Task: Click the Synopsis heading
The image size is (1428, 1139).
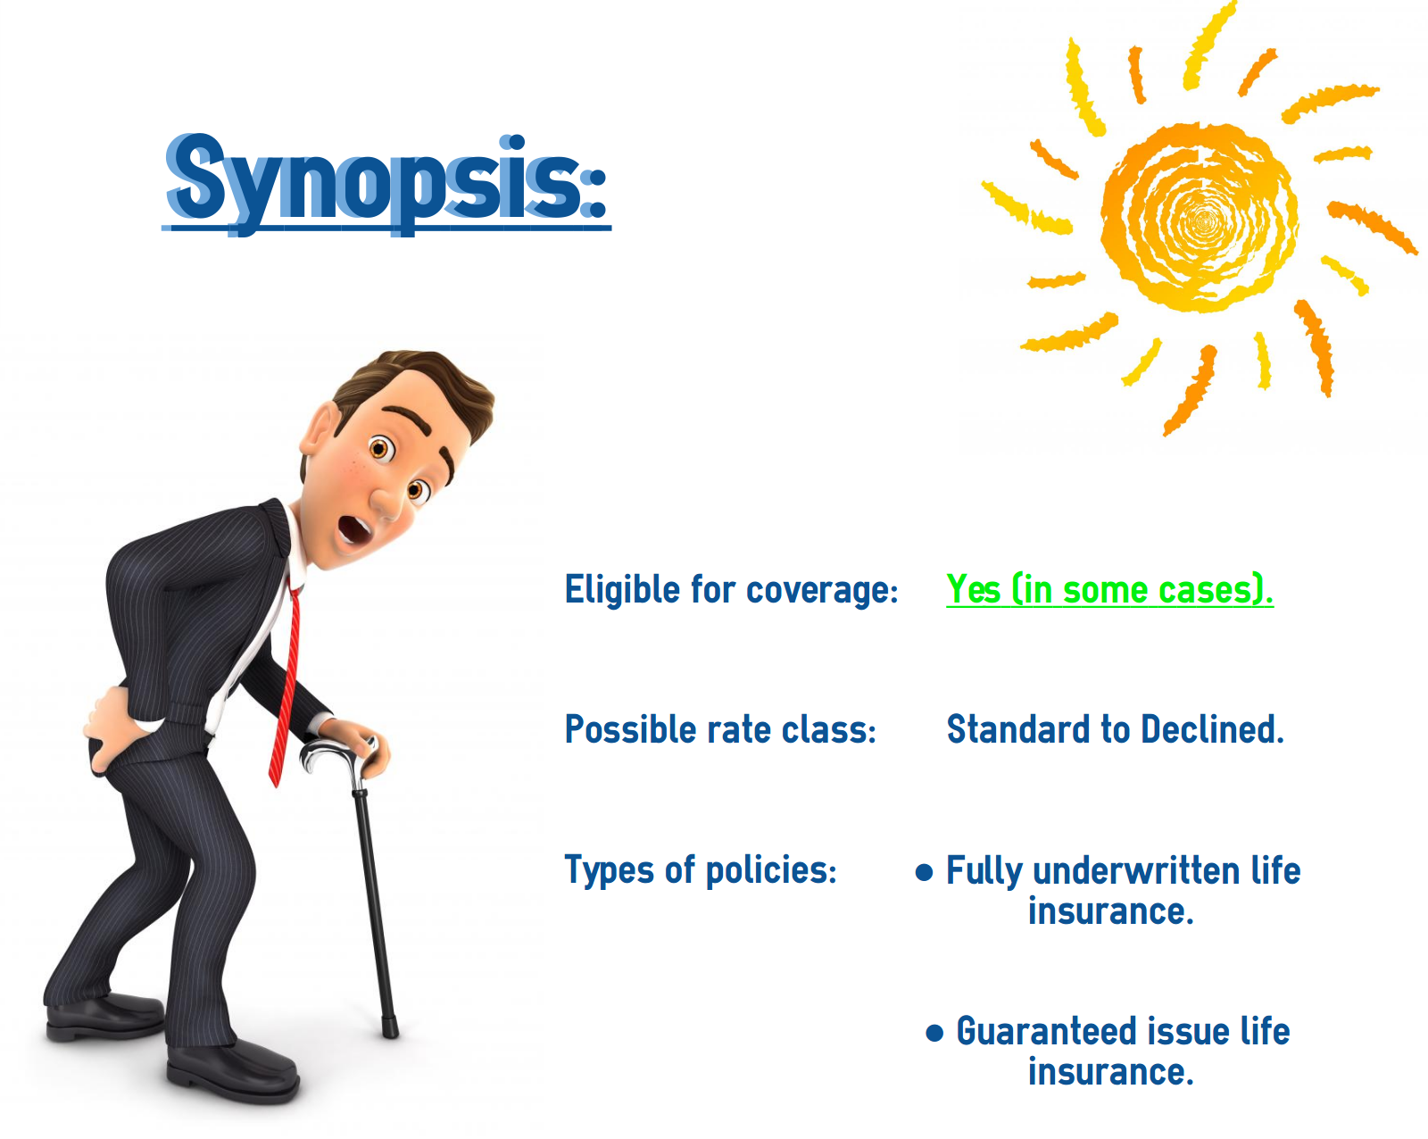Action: [x=386, y=182]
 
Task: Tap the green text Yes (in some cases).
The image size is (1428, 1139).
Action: [x=1109, y=589]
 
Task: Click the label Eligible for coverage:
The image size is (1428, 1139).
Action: [x=731, y=589]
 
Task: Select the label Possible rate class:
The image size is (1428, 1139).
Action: [x=720, y=728]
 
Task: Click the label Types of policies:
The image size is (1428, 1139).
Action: [x=700, y=871]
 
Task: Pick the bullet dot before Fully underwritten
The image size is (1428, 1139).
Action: [x=924, y=872]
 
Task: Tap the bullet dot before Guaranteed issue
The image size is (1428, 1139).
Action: [x=934, y=1033]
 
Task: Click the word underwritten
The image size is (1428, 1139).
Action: [x=1137, y=870]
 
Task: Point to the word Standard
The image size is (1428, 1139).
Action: [x=1018, y=728]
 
